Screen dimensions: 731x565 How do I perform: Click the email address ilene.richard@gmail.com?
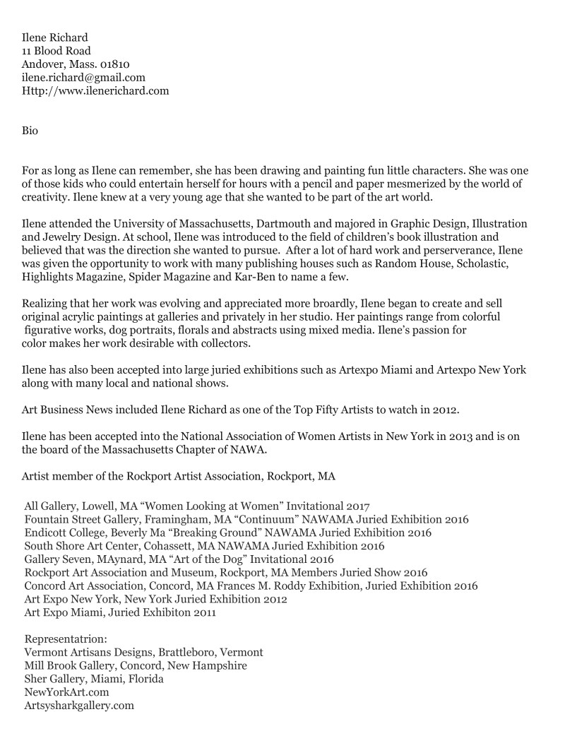84,78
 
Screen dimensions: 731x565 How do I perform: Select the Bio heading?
30,131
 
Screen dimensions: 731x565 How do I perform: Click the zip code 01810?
109,64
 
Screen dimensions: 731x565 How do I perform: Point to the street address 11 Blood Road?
56,51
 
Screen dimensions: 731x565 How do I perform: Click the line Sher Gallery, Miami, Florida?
94,679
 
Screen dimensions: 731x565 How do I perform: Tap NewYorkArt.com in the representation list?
66,692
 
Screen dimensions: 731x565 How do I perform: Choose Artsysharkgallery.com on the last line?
79,706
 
